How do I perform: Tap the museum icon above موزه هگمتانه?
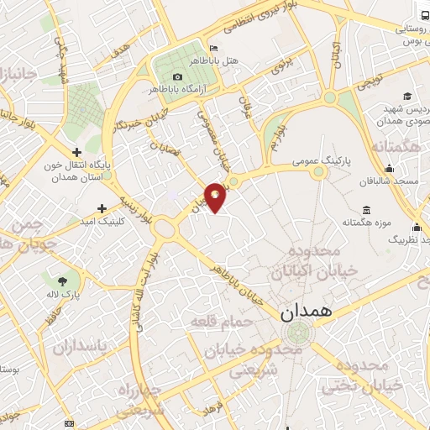[x=365, y=209]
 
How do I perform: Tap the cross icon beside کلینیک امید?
[x=102, y=207]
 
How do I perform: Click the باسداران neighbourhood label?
[x=82, y=346]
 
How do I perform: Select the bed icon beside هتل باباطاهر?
[x=214, y=48]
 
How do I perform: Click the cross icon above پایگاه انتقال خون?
[x=76, y=153]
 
